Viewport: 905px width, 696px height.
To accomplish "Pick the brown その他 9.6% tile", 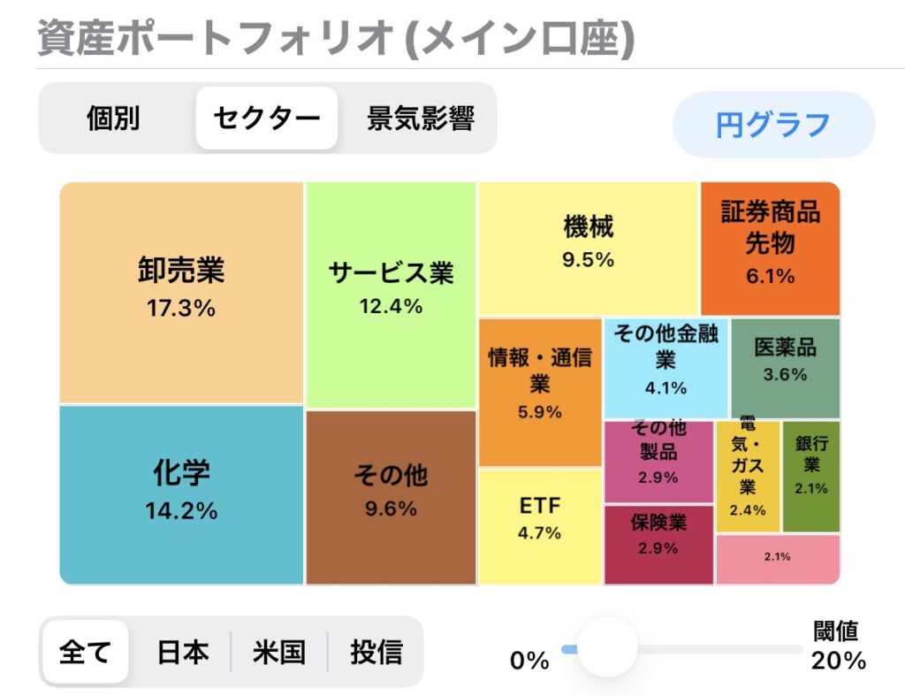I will [x=391, y=493].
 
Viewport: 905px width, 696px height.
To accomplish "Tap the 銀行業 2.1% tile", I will [x=810, y=476].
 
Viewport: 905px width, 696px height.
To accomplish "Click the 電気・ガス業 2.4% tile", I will [x=748, y=476].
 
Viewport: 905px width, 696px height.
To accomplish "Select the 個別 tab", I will [x=114, y=119].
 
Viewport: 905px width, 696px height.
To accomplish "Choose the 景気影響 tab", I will [x=421, y=119].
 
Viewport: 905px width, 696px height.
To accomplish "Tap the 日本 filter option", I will [x=183, y=653].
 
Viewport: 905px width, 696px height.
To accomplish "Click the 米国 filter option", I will [x=279, y=653].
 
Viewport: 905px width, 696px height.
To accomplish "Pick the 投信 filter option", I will [x=376, y=653].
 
